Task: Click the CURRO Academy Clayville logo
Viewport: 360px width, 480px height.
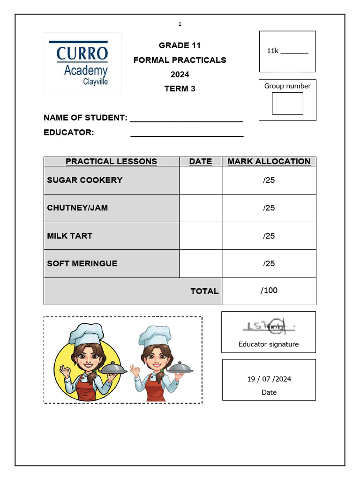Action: click(x=82, y=63)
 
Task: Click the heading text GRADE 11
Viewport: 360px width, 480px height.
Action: click(x=180, y=45)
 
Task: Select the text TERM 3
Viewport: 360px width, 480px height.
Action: click(x=180, y=89)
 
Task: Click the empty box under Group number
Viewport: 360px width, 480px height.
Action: click(x=287, y=104)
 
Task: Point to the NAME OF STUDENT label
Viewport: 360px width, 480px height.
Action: click(x=85, y=118)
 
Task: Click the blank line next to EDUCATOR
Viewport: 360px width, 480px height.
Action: click(x=187, y=134)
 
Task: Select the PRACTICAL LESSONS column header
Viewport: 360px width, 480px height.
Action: click(x=111, y=161)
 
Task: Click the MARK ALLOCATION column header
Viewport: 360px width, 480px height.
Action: click(x=269, y=161)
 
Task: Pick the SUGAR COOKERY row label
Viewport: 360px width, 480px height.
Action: click(x=85, y=180)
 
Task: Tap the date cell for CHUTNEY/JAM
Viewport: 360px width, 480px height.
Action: click(x=200, y=208)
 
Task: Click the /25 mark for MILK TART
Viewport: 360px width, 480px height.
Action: click(x=269, y=236)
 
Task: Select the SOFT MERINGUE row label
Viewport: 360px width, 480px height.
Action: click(x=82, y=263)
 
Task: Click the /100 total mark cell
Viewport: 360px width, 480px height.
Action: click(x=269, y=291)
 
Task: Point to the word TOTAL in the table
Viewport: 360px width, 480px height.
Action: click(x=204, y=291)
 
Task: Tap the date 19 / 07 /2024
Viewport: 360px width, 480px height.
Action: click(x=269, y=379)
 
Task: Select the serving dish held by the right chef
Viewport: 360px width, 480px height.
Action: click(x=180, y=368)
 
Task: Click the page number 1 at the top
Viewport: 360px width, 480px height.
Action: click(x=180, y=24)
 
